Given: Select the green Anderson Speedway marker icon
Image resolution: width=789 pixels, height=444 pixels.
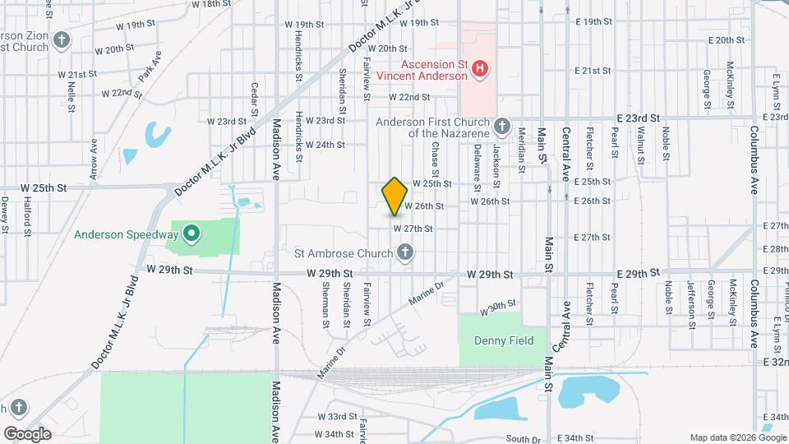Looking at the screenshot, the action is click(x=191, y=234).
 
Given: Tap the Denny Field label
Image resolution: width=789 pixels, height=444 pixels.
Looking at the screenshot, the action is click(x=504, y=340).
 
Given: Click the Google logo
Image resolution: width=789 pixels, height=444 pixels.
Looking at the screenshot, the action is click(x=27, y=433).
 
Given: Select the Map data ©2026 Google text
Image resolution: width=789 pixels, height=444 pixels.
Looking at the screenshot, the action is click(x=736, y=437).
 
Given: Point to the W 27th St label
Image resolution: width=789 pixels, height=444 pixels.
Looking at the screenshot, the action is click(x=413, y=228).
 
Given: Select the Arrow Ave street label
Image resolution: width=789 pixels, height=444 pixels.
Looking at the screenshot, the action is click(x=94, y=158).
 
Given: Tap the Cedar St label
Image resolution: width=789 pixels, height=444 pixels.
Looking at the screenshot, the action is click(x=256, y=99).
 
